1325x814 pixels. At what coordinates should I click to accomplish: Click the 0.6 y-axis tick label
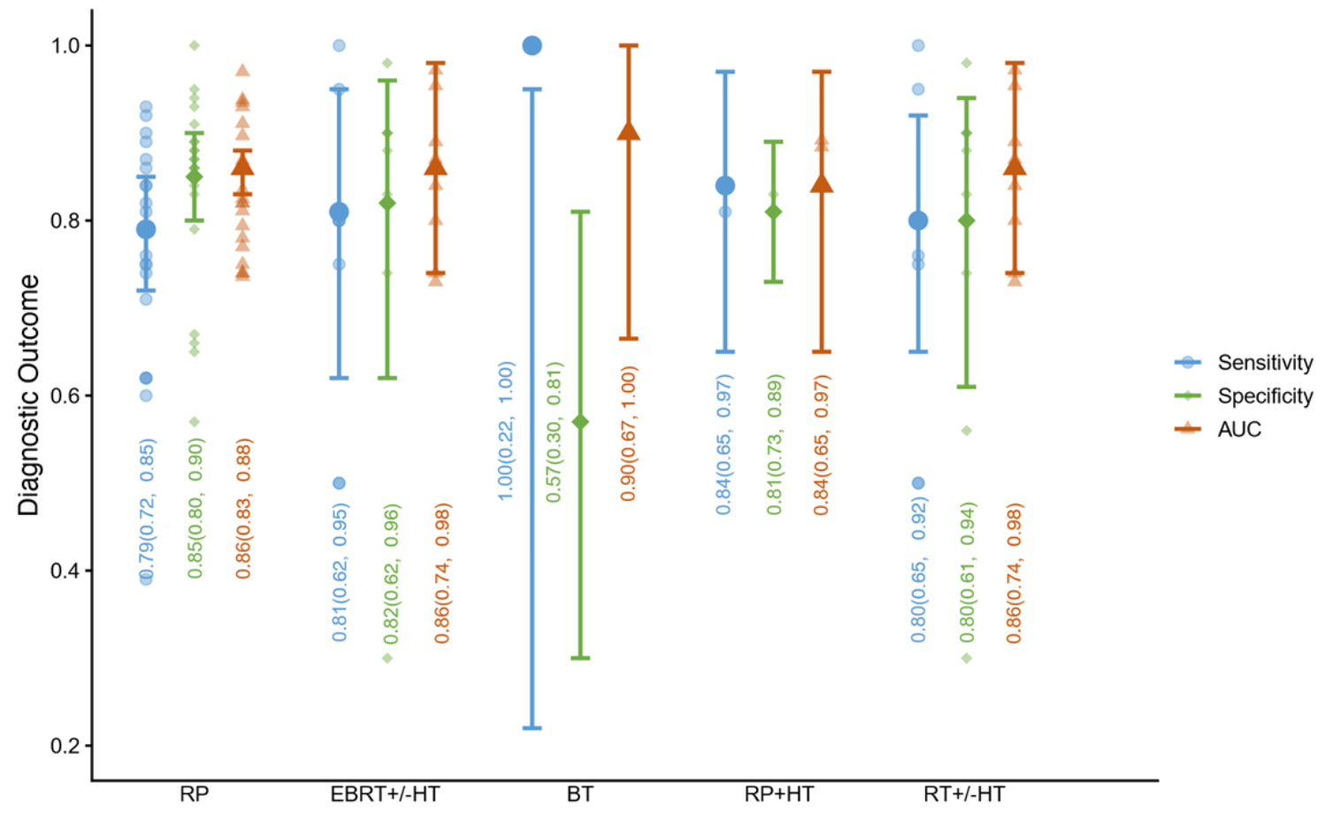tap(65, 395)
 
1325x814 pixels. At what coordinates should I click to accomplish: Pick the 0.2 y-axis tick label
tap(65, 745)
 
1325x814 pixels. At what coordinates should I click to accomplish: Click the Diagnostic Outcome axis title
tap(27, 395)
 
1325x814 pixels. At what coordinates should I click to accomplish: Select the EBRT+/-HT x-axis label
tap(385, 794)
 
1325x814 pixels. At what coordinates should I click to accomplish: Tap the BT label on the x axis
tap(579, 794)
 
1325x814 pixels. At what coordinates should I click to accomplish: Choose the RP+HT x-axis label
tap(778, 794)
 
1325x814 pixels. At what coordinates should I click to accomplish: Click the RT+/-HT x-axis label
tap(964, 794)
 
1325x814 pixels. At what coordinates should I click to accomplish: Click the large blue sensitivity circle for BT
tap(532, 45)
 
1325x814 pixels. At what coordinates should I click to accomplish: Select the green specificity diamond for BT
tap(580, 422)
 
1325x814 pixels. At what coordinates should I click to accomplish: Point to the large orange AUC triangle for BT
tap(628, 131)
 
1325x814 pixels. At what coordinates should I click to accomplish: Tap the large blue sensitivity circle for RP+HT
tap(725, 185)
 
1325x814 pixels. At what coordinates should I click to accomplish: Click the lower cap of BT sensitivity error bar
tap(532, 727)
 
